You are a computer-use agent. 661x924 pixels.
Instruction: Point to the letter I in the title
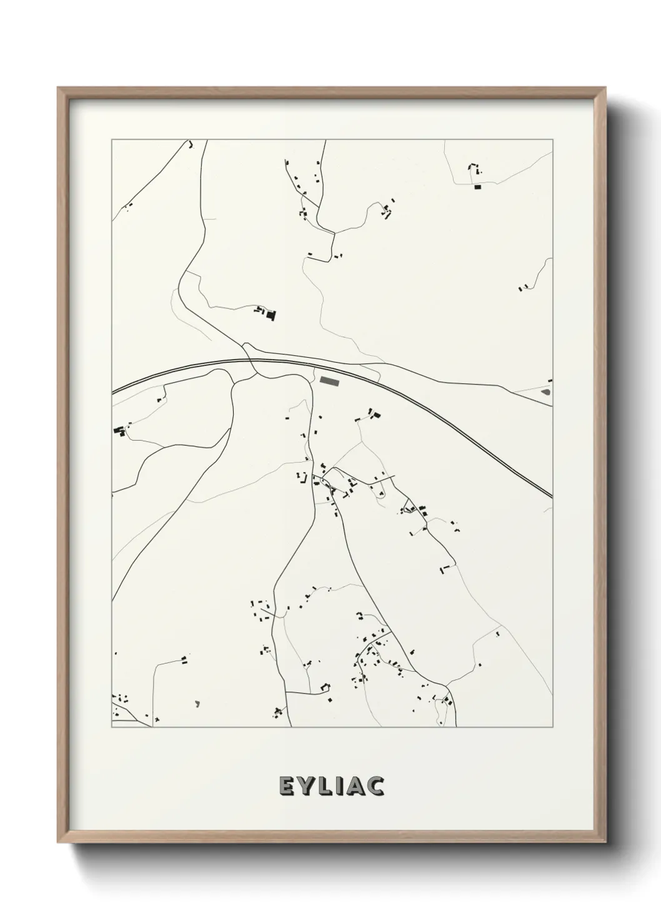340,787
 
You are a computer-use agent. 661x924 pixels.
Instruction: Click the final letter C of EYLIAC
376,787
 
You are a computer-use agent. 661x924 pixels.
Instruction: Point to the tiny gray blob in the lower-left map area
197,704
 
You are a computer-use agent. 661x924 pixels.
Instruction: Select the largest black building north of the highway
271,315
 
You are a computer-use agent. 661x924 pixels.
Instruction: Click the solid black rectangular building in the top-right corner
479,187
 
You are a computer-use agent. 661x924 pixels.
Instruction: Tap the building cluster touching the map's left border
119,430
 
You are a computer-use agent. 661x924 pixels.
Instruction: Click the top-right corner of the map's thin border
553,140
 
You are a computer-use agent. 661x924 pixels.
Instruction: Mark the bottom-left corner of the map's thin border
112,727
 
